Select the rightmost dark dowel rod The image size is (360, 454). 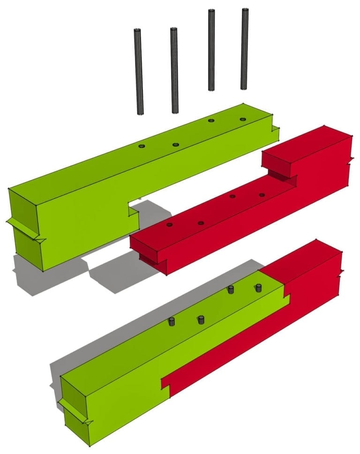(244, 49)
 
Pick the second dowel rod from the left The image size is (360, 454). (174, 70)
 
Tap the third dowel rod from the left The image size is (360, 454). (211, 50)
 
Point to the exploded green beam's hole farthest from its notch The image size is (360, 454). (242, 119)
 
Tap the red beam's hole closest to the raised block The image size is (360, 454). (262, 194)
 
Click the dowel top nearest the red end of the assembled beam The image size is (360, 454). (257, 287)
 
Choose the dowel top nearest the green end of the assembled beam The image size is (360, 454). (172, 321)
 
